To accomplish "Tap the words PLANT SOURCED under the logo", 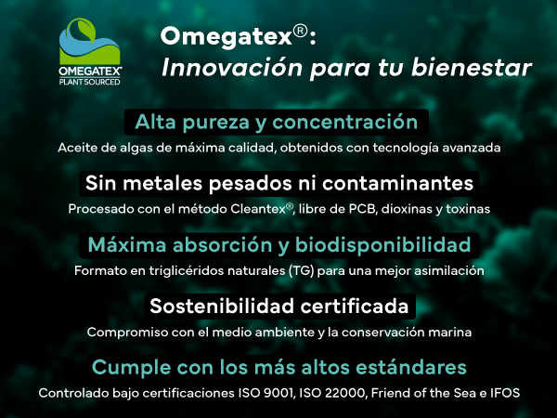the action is [89, 82].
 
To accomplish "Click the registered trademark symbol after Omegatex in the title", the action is [300, 32].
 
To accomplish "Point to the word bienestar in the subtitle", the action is [472, 67].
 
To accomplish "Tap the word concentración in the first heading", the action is [345, 123].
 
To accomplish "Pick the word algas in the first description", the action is [136, 148].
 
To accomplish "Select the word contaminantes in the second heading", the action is [398, 183].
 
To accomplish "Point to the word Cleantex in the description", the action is [258, 209].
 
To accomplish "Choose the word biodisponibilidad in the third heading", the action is [382, 245].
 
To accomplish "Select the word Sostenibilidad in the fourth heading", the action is [222, 306].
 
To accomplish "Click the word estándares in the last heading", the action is [411, 367].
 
